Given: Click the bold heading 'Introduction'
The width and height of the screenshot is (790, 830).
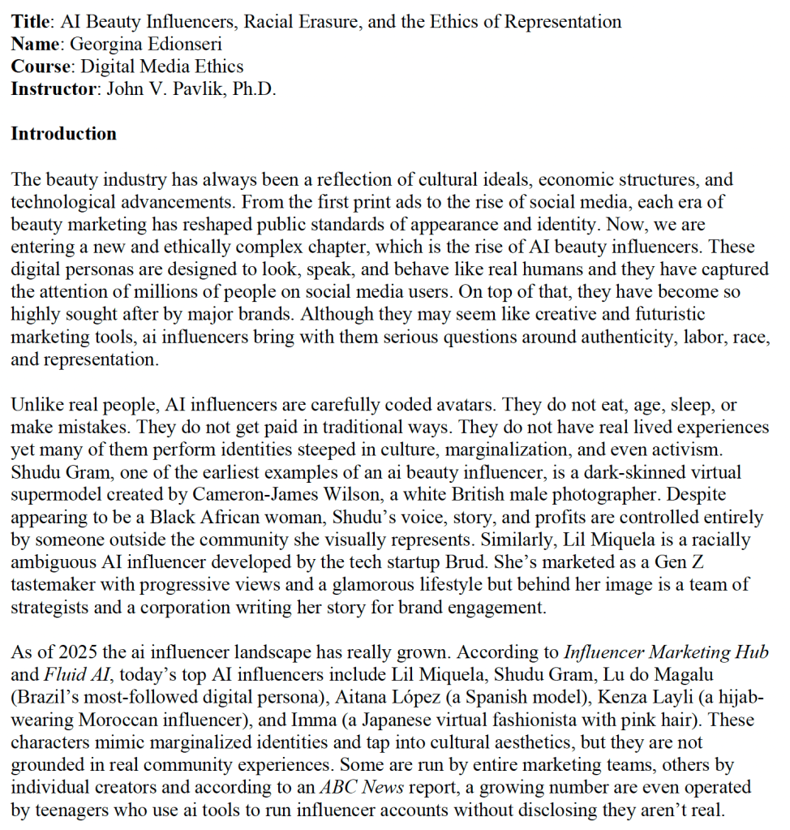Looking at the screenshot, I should click(63, 134).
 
